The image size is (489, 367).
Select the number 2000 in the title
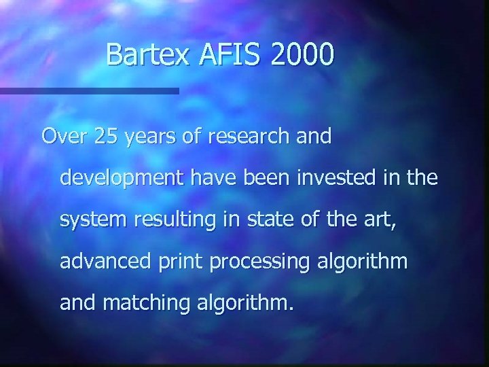coord(302,55)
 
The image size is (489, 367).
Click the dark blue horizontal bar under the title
coord(89,90)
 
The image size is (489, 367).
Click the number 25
coord(106,137)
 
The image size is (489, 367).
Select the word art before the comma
coord(380,220)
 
